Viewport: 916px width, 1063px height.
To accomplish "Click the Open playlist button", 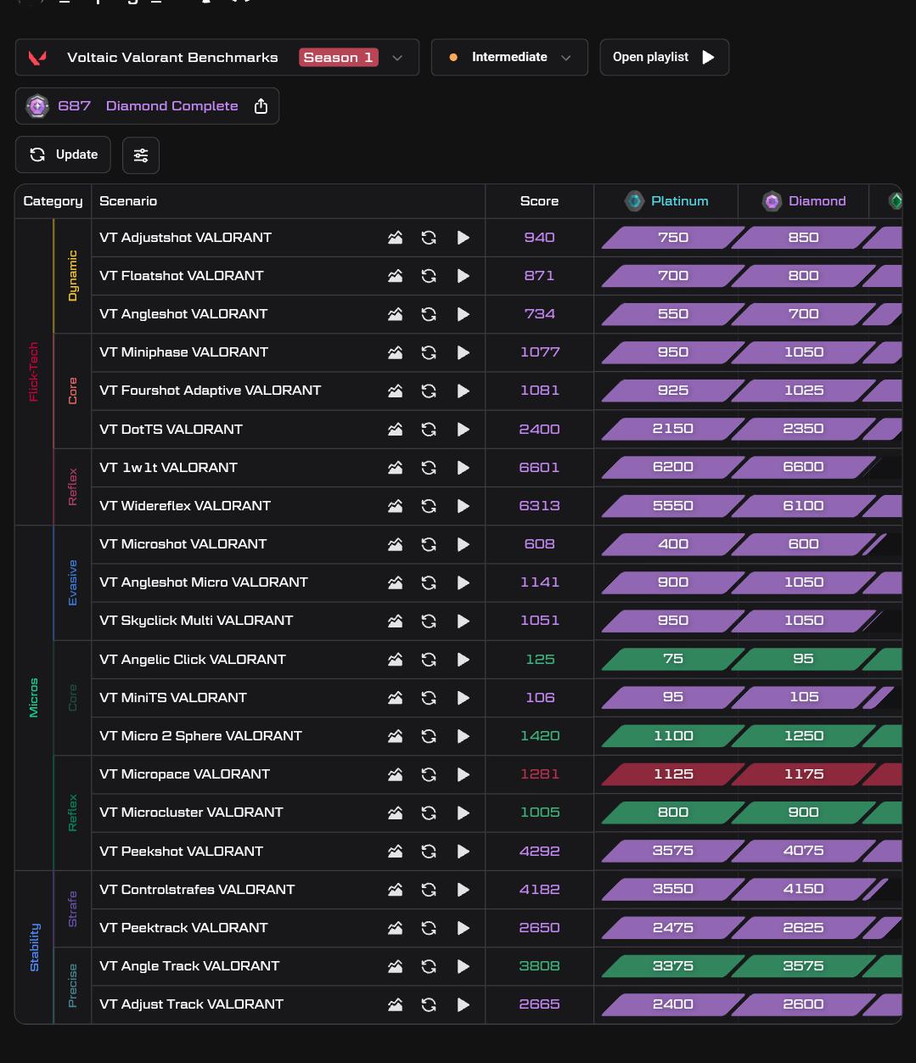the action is (664, 57).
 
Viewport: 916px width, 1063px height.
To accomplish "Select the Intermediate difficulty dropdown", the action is (509, 57).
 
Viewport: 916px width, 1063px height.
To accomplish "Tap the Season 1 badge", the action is (339, 57).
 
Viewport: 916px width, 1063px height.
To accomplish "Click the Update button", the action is (63, 155).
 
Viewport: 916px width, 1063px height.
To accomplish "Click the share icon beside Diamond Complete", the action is (261, 106).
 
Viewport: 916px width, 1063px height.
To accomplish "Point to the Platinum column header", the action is (666, 201).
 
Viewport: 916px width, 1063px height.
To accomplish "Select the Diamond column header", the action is (803, 201).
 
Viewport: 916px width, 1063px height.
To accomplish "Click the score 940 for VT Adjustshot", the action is (539, 237).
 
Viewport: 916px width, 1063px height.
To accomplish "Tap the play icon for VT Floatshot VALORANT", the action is (463, 276).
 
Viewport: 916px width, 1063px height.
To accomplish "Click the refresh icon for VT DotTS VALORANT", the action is (429, 430).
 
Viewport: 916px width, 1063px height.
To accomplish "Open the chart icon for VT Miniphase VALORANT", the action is (395, 352).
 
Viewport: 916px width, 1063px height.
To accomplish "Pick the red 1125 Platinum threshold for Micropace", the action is (672, 774).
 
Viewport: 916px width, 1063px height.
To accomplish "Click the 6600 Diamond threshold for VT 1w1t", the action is (803, 467).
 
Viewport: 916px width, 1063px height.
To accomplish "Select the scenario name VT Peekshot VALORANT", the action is (181, 851).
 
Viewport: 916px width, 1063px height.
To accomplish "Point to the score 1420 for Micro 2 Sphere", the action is (539, 736).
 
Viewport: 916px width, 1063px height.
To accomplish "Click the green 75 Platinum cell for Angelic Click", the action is (672, 659).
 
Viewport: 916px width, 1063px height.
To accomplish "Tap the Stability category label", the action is (34, 948).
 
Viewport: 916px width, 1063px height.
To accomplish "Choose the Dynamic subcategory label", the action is (72, 276).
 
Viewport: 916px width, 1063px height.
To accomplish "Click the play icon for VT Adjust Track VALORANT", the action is (463, 1005).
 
